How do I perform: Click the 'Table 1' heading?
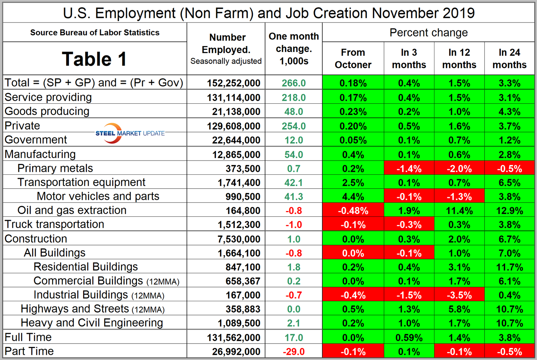(94, 59)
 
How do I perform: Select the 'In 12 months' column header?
(459, 59)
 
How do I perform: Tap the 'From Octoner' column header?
(353, 59)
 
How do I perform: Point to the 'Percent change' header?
(428, 33)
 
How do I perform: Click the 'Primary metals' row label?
(55, 168)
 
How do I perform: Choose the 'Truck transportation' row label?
(54, 225)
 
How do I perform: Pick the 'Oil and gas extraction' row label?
(72, 210)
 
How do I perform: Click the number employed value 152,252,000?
(234, 83)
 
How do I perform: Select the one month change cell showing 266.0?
(294, 83)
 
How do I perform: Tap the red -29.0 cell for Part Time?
(294, 352)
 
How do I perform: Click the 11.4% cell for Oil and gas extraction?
(459, 211)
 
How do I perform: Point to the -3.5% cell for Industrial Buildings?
(459, 295)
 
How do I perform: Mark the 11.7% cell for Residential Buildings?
(509, 267)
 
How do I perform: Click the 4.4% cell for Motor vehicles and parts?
(353, 197)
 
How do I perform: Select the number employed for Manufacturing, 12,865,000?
(236, 155)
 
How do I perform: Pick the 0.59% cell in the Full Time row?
(409, 338)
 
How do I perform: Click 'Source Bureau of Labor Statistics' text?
(95, 33)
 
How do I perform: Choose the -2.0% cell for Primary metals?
(459, 169)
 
